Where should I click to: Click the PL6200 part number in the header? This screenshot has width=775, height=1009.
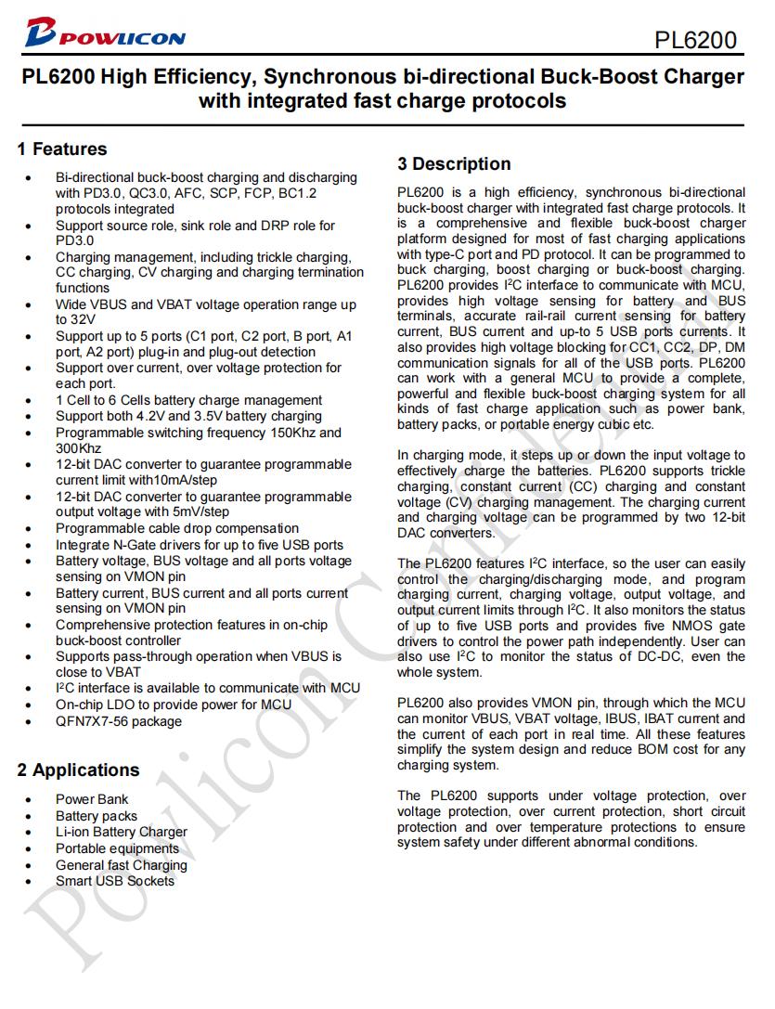pyautogui.click(x=695, y=40)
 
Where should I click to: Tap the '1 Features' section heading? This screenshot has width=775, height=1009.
pyautogui.click(x=62, y=149)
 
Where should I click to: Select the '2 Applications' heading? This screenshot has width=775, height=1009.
pyautogui.click(x=78, y=770)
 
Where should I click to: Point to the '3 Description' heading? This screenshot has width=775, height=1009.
pyautogui.click(x=454, y=164)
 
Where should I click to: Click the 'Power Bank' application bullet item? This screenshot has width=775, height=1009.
pyautogui.click(x=92, y=799)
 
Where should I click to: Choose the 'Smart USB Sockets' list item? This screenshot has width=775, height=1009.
pyautogui.click(x=115, y=881)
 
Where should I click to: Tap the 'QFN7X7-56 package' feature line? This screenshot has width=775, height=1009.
pyautogui.click(x=119, y=721)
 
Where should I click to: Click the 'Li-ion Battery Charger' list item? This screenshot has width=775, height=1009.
pyautogui.click(x=122, y=832)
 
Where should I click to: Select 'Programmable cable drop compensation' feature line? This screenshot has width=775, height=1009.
pyautogui.click(x=177, y=528)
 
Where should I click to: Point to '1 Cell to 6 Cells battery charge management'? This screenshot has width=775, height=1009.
pyautogui.click(x=188, y=400)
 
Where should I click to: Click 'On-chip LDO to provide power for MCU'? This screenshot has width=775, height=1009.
pyautogui.click(x=174, y=705)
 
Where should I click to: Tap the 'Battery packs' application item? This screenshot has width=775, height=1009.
pyautogui.click(x=97, y=816)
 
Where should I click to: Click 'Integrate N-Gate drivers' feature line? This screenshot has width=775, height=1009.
pyautogui.click(x=200, y=545)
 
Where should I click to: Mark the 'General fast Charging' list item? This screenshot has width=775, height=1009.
pyautogui.click(x=122, y=865)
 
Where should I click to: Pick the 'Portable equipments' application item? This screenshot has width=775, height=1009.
pyautogui.click(x=117, y=848)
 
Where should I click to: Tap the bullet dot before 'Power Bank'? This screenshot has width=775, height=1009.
pyautogui.click(x=31, y=800)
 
